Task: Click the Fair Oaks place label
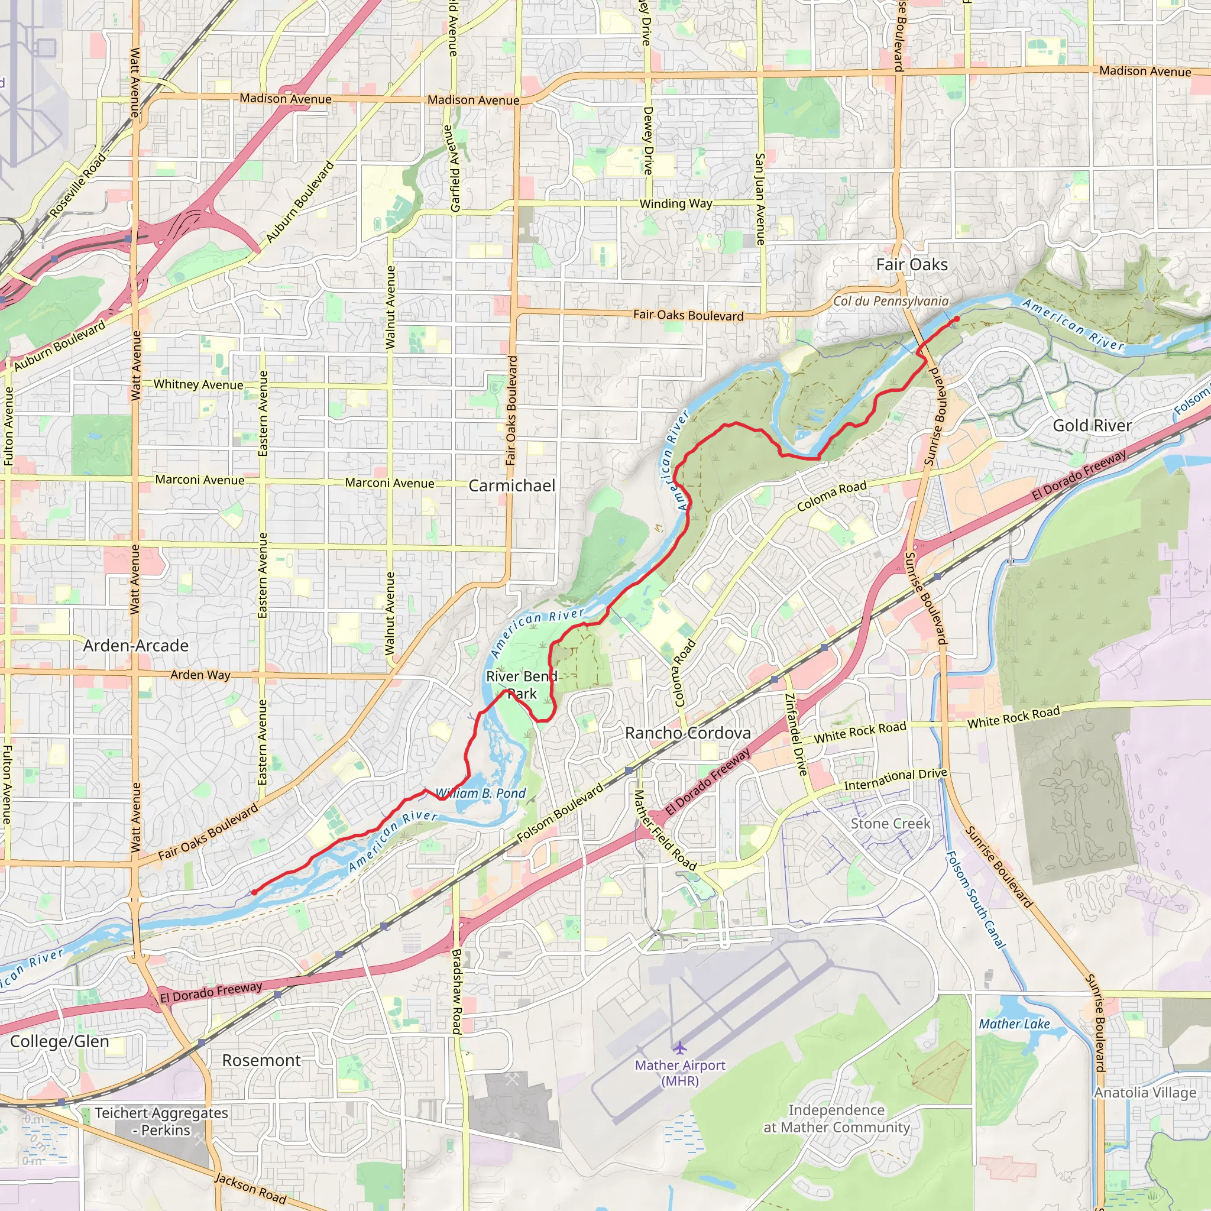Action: (911, 264)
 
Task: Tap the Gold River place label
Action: (1092, 426)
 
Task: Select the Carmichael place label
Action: (511, 486)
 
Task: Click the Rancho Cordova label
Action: (688, 733)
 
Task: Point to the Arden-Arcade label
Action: (135, 646)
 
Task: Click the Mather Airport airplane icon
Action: (679, 1047)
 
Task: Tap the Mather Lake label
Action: (1014, 1024)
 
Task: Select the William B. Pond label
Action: (481, 794)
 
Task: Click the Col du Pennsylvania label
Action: (890, 302)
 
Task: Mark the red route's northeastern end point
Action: (957, 319)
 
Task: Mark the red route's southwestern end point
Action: (254, 892)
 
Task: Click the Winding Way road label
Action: (676, 204)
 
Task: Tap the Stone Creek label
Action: (890, 824)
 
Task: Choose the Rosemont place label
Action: (261, 1061)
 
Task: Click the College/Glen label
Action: (60, 1041)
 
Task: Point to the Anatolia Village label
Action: (1145, 1093)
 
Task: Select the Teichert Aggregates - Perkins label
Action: (161, 1121)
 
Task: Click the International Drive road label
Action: (895, 779)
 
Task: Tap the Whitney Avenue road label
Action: (198, 384)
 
